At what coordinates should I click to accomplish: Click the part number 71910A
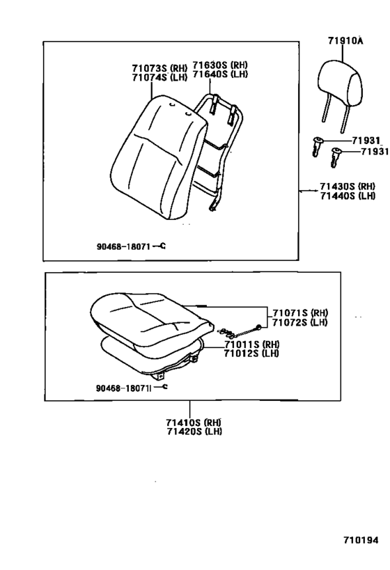pyautogui.click(x=345, y=40)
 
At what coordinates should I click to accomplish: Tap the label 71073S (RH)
pyautogui.click(x=159, y=68)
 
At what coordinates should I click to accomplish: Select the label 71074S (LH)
pyautogui.click(x=159, y=77)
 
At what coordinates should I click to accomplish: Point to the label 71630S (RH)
pyautogui.click(x=220, y=65)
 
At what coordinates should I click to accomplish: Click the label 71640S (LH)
pyautogui.click(x=220, y=74)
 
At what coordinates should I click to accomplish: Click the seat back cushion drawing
pyautogui.click(x=158, y=157)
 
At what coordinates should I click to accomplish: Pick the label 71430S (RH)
pyautogui.click(x=348, y=186)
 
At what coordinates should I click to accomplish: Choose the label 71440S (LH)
pyautogui.click(x=348, y=196)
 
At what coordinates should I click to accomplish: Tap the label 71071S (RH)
pyautogui.click(x=300, y=312)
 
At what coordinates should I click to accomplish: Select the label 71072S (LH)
pyautogui.click(x=300, y=322)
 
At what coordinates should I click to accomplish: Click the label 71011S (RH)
pyautogui.click(x=251, y=345)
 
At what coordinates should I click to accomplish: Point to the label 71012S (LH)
pyautogui.click(x=251, y=354)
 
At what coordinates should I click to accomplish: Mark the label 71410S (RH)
pyautogui.click(x=194, y=422)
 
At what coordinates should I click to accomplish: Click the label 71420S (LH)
pyautogui.click(x=194, y=432)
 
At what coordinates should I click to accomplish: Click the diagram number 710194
pyautogui.click(x=361, y=540)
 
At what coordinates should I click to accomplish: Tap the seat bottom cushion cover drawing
pyautogui.click(x=151, y=320)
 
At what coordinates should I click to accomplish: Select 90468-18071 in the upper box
pyautogui.click(x=123, y=246)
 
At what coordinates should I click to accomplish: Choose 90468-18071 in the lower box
pyautogui.click(x=123, y=388)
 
